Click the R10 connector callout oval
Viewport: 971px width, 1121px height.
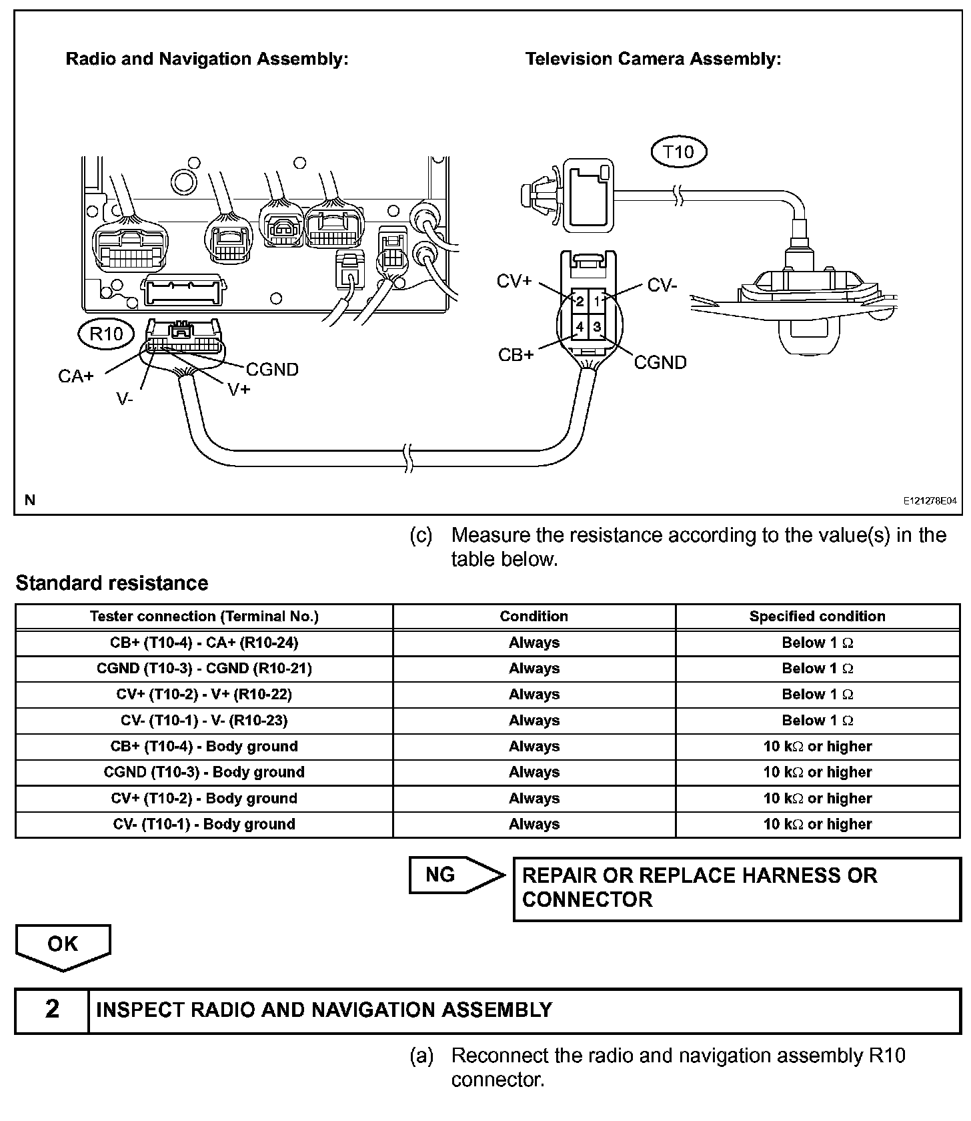106,333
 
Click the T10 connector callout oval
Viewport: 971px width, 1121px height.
678,152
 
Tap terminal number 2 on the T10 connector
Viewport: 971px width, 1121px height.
580,302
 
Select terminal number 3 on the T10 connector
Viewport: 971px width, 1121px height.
597,327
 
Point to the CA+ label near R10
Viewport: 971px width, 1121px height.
76,376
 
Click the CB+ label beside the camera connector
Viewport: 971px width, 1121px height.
516,355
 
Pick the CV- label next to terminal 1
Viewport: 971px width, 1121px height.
662,286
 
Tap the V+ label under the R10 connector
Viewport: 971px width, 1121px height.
239,389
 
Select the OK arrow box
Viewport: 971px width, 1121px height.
63,945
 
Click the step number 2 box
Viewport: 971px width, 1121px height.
52,1010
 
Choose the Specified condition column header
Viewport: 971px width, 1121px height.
817,617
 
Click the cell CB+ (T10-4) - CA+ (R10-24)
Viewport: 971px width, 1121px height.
204,643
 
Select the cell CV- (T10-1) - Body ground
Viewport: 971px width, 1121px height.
204,824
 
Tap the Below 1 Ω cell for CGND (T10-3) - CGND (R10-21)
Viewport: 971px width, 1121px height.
817,669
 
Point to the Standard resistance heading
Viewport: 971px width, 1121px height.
112,583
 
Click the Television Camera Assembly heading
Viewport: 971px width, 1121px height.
653,59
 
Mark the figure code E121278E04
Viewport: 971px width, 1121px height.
930,500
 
